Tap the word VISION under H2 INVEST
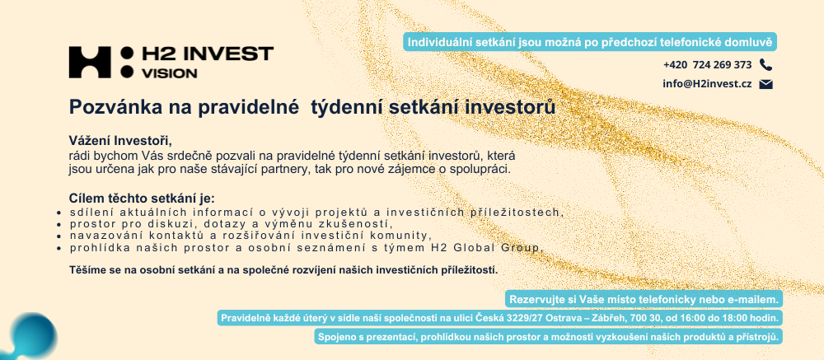[x=170, y=73]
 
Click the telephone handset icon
[x=765, y=65]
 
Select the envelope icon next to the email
[x=765, y=84]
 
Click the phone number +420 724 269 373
[x=707, y=65]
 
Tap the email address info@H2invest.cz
[x=707, y=84]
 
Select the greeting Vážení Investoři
[x=121, y=141]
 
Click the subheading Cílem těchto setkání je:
[x=143, y=199]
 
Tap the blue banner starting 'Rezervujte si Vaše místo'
[x=644, y=300]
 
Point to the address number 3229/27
[x=520, y=318]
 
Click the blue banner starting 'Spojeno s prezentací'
[x=549, y=336]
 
